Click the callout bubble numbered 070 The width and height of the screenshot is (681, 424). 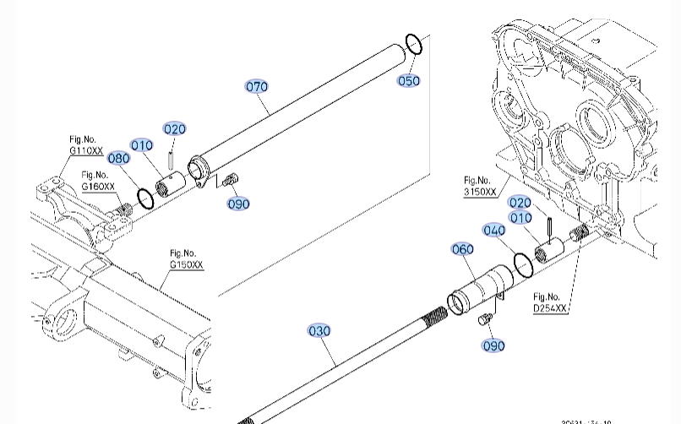click(x=256, y=86)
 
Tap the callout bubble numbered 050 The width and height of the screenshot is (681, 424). click(x=409, y=81)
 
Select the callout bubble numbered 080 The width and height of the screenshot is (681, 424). click(x=118, y=158)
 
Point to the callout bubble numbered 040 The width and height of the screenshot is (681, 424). click(x=494, y=231)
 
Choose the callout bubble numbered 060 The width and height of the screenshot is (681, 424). click(x=463, y=249)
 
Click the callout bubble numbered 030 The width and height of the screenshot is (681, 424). click(x=319, y=331)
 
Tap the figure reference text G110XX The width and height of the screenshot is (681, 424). click(x=85, y=150)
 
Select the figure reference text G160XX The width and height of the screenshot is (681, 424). click(x=98, y=187)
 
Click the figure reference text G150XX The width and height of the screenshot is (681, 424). click(x=186, y=264)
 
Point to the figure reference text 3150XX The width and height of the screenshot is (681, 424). click(x=480, y=192)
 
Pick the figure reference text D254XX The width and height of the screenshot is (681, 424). click(x=550, y=309)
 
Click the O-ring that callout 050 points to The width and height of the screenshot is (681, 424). click(x=413, y=44)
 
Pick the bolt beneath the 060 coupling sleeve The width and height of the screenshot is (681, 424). click(x=485, y=318)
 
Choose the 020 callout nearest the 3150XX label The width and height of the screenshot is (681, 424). click(x=520, y=203)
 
